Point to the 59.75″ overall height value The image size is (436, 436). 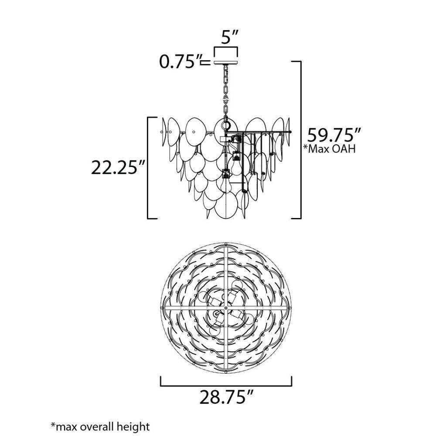334,136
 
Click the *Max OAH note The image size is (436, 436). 329,149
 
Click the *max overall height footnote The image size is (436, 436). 100,426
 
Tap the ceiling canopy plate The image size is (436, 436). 225,62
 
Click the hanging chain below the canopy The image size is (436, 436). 225,92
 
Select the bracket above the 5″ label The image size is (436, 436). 225,48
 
